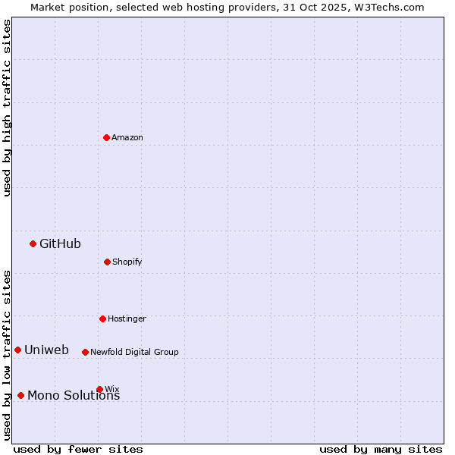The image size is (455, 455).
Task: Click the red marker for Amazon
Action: [106, 137]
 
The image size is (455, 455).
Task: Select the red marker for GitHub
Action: [33, 243]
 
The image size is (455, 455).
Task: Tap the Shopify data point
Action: [107, 262]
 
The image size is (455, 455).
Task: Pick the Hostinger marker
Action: [102, 318]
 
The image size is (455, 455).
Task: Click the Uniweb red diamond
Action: [17, 350]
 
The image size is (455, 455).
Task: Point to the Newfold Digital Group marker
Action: [85, 352]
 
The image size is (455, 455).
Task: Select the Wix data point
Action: [99, 389]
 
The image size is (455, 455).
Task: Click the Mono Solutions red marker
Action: [20, 395]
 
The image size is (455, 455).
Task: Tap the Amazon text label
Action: [127, 137]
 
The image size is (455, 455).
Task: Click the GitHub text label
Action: [60, 243]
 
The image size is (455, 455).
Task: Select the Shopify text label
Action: [127, 262]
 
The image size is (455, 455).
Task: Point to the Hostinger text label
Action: [127, 318]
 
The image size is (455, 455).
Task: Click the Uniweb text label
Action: [46, 350]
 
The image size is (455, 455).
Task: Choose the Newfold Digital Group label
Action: [134, 352]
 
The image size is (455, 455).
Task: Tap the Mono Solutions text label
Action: [74, 395]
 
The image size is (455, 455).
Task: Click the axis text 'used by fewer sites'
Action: [78, 449]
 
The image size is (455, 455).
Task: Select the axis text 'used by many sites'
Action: [381, 449]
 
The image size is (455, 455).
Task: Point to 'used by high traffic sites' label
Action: [7, 108]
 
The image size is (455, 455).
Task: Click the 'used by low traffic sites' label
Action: [7, 355]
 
